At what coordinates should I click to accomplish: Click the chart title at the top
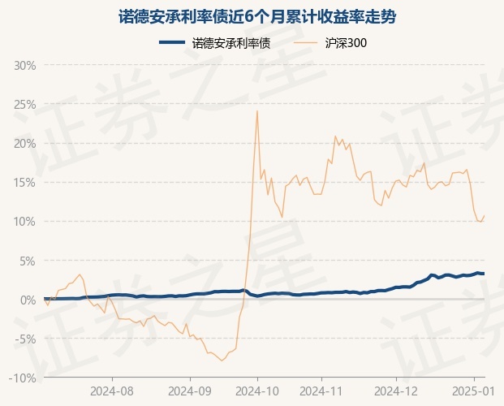(257, 17)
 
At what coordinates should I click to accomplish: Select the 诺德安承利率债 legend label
(231, 43)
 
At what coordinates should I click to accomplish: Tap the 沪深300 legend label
(346, 43)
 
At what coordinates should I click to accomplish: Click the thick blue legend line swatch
(172, 42)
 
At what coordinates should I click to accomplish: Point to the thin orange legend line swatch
(304, 42)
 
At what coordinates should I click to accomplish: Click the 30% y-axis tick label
(24, 66)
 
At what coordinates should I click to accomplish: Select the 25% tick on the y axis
(24, 105)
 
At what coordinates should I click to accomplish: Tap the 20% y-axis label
(24, 144)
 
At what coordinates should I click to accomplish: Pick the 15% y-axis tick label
(24, 183)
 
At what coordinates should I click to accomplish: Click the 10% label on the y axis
(24, 222)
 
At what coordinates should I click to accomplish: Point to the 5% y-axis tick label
(28, 261)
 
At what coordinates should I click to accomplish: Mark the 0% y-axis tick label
(28, 300)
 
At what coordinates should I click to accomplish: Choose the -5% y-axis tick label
(25, 339)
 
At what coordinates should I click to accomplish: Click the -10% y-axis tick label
(22, 378)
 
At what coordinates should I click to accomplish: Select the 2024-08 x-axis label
(112, 391)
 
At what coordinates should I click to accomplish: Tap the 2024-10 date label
(257, 391)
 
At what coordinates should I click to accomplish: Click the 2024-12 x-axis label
(396, 391)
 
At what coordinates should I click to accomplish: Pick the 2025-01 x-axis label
(474, 391)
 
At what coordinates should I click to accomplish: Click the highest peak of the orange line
(257, 111)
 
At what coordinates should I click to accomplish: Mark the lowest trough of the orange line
(222, 361)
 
